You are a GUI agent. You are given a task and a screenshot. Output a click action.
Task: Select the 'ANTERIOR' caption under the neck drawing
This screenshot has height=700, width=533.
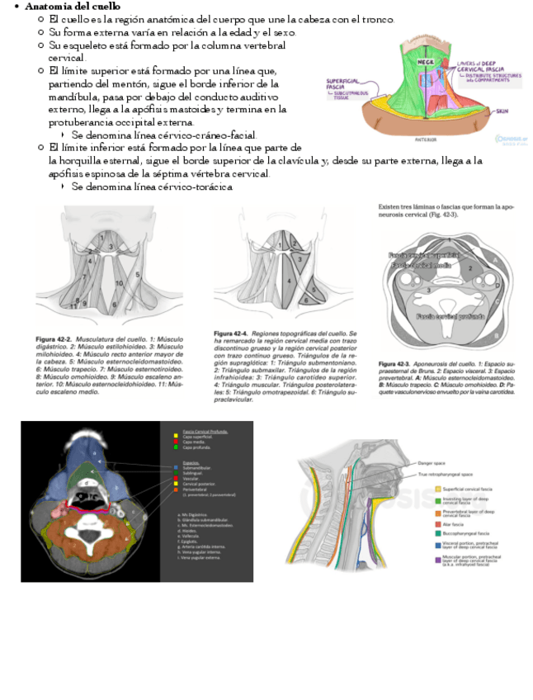point(426,140)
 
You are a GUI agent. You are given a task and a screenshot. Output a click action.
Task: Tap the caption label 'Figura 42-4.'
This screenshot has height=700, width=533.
point(233,332)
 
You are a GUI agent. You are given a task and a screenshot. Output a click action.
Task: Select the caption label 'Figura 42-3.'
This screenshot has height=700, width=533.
point(398,363)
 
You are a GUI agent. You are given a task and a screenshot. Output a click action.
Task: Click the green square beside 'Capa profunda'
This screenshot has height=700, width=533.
point(176,447)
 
